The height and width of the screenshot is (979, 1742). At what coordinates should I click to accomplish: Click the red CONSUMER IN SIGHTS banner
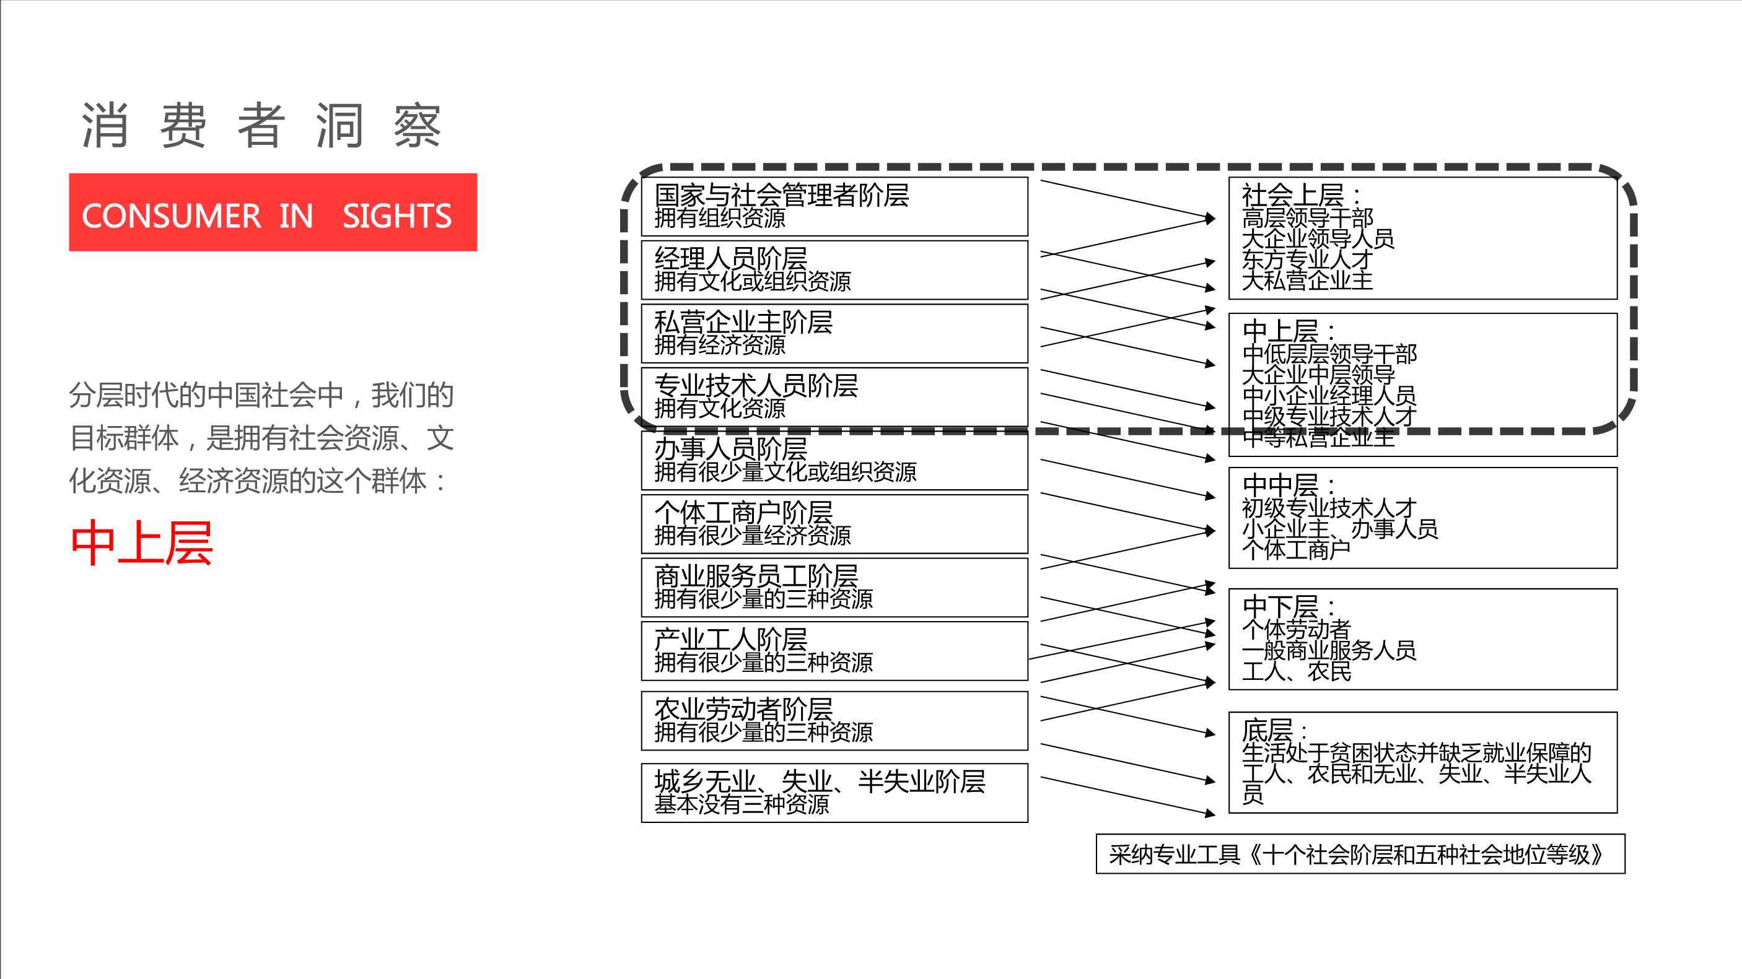coord(273,212)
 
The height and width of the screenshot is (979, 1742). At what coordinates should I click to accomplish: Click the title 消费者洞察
coord(261,126)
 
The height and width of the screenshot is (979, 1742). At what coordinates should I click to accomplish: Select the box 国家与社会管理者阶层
coord(834,207)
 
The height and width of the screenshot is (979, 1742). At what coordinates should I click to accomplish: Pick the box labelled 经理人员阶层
coord(834,270)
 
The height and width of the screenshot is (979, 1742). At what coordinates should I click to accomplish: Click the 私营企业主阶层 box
coord(834,333)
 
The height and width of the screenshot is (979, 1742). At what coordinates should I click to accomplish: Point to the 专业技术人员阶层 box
coord(834,397)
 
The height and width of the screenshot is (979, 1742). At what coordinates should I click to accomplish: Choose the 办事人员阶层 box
coord(834,461)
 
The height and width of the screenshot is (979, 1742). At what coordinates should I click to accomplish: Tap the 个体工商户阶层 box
coord(834,524)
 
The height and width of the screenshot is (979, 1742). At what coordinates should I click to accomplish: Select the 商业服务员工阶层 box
coord(834,588)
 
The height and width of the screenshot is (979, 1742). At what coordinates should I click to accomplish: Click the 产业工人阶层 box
coord(834,651)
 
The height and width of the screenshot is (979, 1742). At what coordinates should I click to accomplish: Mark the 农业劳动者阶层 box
coord(834,721)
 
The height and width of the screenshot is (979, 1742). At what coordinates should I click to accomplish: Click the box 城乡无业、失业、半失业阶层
coord(834,793)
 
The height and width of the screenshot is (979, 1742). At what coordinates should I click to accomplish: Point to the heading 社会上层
coord(1293,196)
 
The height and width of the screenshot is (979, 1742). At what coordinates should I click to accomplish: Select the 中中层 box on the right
coord(1423,518)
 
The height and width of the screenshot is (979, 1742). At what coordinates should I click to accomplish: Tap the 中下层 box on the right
coord(1423,640)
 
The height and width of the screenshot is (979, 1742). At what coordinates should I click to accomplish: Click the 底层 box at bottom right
coord(1423,763)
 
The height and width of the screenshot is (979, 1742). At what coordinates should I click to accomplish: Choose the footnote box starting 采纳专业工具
coord(1360,855)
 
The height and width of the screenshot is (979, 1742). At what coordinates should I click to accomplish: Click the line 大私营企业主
coord(1307,280)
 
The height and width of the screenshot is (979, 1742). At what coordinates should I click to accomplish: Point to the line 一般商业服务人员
coord(1329,650)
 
